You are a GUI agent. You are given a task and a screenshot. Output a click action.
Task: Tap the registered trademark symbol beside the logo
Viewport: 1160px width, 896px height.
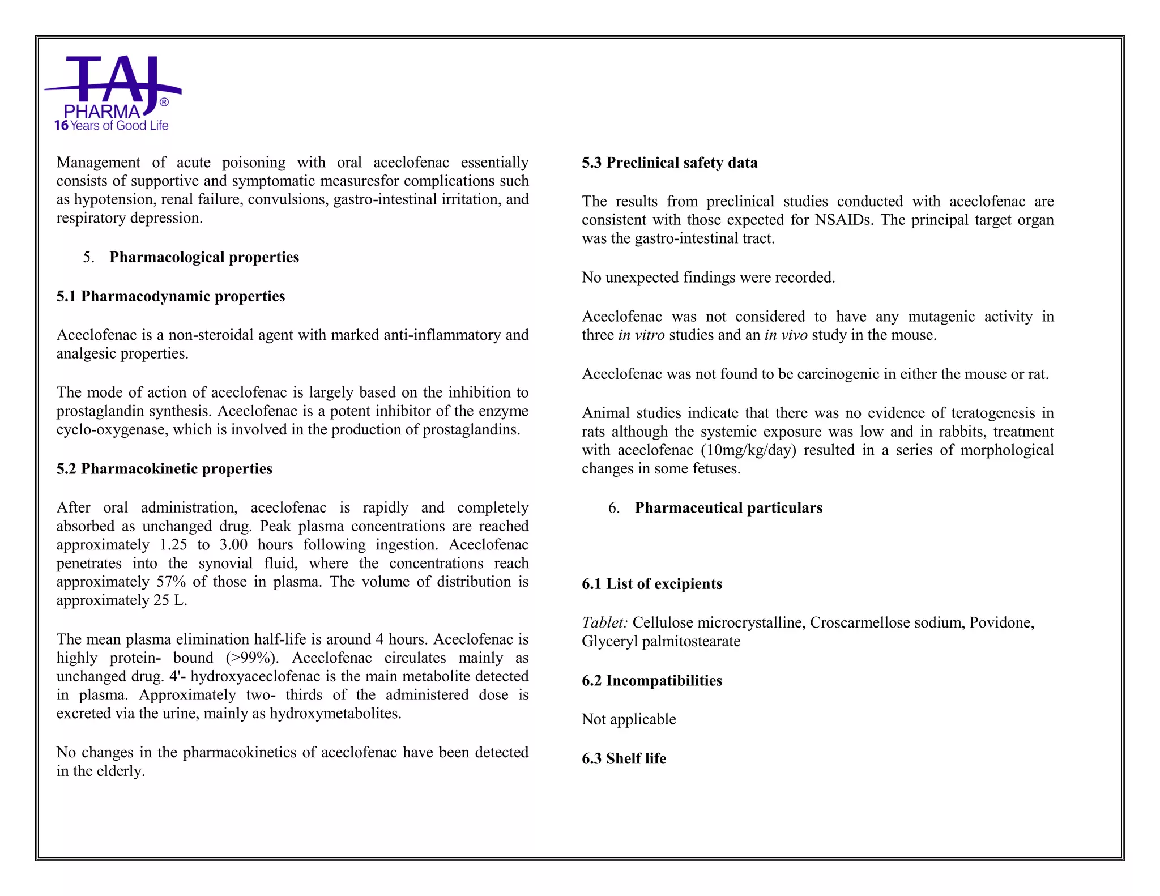(x=164, y=103)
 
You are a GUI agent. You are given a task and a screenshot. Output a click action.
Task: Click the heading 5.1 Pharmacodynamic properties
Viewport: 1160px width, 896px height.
(x=170, y=296)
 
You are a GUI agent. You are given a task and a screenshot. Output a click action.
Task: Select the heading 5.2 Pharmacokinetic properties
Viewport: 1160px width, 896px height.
(x=164, y=469)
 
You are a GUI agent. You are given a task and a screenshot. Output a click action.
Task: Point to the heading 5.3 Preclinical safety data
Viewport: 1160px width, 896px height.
(x=669, y=163)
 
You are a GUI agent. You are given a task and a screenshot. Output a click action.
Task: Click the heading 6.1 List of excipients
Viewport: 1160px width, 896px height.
(x=651, y=584)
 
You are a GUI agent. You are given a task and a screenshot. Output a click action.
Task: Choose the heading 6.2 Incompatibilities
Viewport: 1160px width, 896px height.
(x=651, y=680)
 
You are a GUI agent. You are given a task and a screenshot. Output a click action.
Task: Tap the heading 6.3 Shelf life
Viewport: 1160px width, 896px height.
(x=624, y=758)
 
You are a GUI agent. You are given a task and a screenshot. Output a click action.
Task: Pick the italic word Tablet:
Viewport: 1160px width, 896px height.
(x=604, y=623)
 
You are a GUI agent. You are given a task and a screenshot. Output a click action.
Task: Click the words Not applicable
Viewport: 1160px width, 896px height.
(x=629, y=719)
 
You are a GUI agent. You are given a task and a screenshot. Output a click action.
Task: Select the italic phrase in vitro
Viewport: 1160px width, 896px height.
(x=641, y=335)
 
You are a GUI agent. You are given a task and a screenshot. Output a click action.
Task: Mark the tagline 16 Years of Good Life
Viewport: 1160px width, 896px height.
(x=112, y=126)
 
